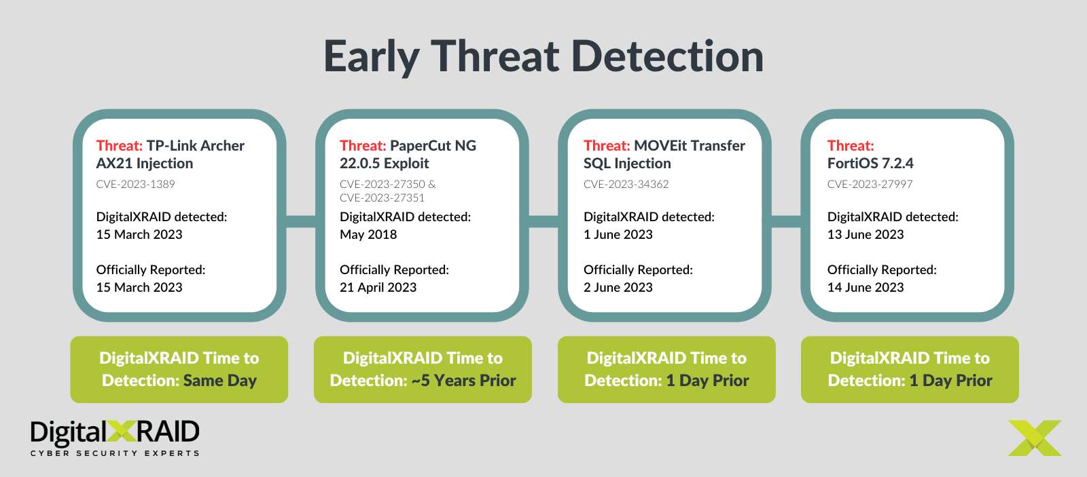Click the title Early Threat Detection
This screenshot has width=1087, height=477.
click(x=543, y=56)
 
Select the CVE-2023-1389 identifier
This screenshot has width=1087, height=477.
click(x=135, y=184)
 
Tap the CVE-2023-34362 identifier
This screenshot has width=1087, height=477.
click(x=626, y=184)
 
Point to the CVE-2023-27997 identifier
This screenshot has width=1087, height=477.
click(x=870, y=184)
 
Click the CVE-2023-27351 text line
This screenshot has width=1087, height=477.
click(x=382, y=197)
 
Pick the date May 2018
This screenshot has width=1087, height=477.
click(x=368, y=234)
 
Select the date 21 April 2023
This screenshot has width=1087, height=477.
click(x=378, y=287)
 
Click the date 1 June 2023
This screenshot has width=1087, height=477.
click(x=618, y=234)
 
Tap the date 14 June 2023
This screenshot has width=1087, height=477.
click(x=865, y=287)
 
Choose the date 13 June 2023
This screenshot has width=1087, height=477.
click(x=865, y=234)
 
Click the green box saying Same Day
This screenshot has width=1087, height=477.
click(x=179, y=369)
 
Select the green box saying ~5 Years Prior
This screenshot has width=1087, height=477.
click(x=423, y=369)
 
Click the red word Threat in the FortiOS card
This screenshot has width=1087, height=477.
click(x=850, y=145)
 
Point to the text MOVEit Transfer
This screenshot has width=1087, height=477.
click(x=689, y=145)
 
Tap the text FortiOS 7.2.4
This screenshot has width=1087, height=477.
click(x=870, y=163)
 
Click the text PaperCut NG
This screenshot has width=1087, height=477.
click(x=433, y=145)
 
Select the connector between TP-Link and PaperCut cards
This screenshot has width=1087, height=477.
click(x=301, y=221)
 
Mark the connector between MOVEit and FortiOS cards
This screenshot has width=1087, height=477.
click(x=786, y=221)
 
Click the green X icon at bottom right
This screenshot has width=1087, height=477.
click(x=1035, y=438)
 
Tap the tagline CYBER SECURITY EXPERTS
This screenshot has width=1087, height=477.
click(x=115, y=453)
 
